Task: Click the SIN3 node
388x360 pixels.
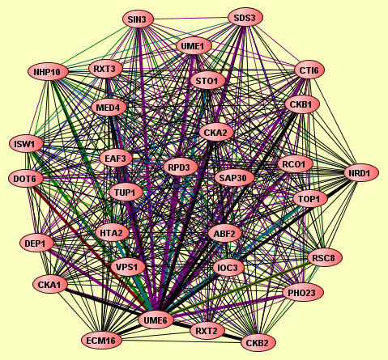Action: click(138, 19)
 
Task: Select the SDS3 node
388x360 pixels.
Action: click(245, 18)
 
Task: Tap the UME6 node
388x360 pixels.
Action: click(156, 320)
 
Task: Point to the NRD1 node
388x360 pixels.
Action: click(361, 173)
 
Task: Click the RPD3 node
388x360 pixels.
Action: click(181, 167)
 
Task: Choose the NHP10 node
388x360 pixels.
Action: click(48, 72)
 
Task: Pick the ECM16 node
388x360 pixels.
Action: click(102, 341)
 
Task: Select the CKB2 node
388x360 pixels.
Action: click(258, 343)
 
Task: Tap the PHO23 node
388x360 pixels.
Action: click(303, 293)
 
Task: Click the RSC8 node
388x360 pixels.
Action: click(325, 258)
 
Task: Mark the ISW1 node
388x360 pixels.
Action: click(26, 144)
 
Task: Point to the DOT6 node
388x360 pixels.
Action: click(26, 178)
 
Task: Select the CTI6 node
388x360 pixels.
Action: click(309, 70)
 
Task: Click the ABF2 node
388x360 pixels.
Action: click(224, 233)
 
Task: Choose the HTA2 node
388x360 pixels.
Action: click(112, 233)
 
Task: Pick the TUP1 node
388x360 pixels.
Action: click(126, 193)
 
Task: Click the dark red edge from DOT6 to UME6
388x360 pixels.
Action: click(91, 248)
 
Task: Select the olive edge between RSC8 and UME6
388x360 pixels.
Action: click(241, 288)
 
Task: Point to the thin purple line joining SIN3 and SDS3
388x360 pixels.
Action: click(190, 19)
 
